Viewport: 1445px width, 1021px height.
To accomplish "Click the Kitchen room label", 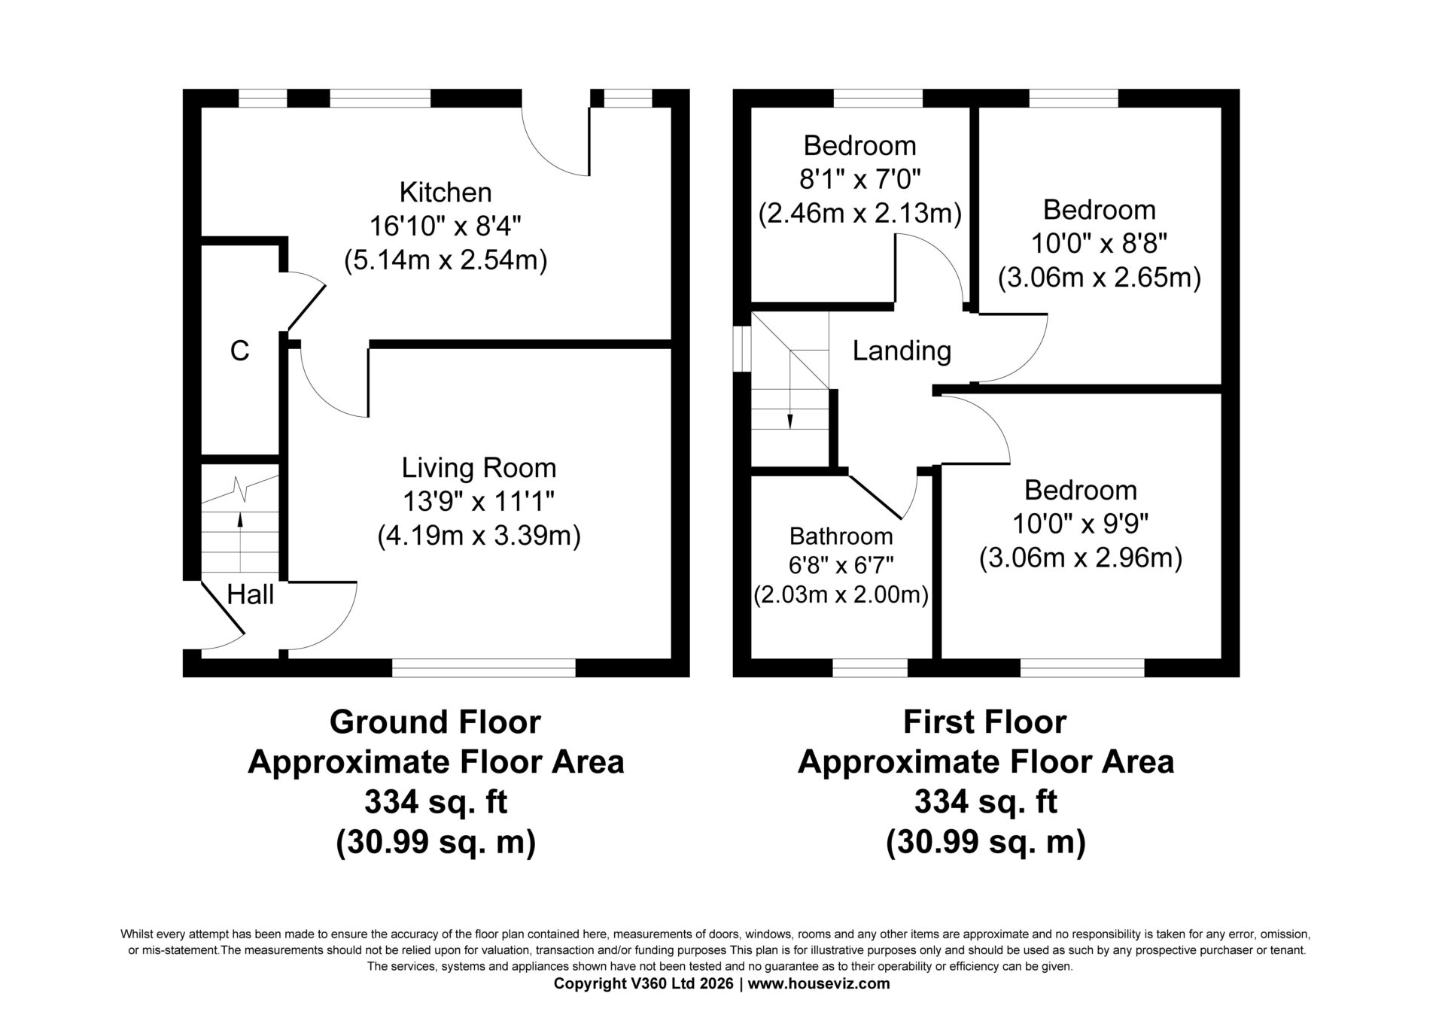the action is click(446, 193).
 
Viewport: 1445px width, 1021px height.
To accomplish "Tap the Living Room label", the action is click(479, 468).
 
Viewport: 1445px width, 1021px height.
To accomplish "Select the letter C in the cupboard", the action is click(239, 351).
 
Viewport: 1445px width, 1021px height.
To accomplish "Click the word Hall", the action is click(250, 595).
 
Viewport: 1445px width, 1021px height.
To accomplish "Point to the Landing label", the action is click(902, 351).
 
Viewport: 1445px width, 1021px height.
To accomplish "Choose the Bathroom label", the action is click(841, 536).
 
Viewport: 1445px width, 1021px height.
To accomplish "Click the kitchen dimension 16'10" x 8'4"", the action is click(446, 226).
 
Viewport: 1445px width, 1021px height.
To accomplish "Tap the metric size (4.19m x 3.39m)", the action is click(479, 536).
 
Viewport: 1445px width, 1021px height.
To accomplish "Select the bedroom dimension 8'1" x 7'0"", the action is click(860, 179).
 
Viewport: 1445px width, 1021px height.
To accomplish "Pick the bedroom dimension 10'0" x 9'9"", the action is click(1081, 524).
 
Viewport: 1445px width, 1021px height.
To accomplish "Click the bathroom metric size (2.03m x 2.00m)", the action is click(841, 595).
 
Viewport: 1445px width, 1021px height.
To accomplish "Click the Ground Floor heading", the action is click(435, 722).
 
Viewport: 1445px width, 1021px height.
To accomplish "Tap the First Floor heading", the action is click(984, 722).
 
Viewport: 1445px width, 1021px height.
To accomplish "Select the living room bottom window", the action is click(484, 667).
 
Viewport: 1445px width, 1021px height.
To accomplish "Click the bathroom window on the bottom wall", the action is click(870, 667).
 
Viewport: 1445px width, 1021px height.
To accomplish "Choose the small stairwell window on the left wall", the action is click(742, 348).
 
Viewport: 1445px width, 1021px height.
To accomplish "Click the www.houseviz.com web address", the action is click(820, 983).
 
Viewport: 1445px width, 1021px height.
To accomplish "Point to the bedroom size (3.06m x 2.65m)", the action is click(1099, 278).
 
